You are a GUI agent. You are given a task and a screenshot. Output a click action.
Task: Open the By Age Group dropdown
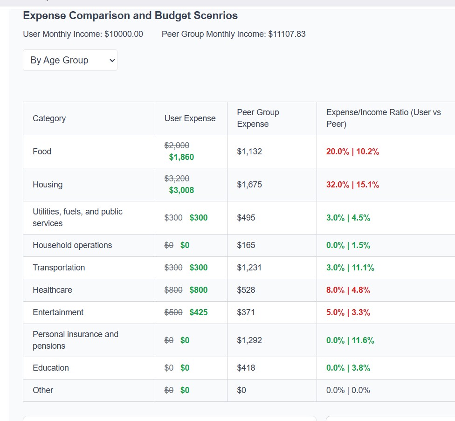pyautogui.click(x=70, y=60)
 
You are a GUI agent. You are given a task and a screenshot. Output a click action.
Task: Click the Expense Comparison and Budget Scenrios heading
pyautogui.click(x=130, y=16)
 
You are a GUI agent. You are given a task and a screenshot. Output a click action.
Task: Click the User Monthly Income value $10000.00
pyautogui.click(x=124, y=34)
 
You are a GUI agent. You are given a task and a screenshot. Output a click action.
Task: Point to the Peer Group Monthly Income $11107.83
pyautogui.click(x=287, y=34)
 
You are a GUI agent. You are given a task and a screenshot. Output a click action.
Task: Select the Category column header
pyautogui.click(x=49, y=118)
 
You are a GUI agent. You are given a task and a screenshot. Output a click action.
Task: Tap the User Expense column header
pyautogui.click(x=190, y=118)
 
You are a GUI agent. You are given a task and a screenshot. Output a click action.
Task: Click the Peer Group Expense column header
pyautogui.click(x=258, y=118)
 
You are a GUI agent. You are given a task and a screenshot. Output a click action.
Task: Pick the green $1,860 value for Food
pyautogui.click(x=181, y=157)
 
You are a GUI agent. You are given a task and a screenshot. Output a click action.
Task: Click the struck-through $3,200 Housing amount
pyautogui.click(x=177, y=179)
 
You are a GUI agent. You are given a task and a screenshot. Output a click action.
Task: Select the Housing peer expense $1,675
pyautogui.click(x=249, y=185)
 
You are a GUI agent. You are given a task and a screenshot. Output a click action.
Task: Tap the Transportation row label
pyautogui.click(x=59, y=268)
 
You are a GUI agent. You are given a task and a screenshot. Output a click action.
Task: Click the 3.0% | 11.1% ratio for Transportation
pyautogui.click(x=350, y=268)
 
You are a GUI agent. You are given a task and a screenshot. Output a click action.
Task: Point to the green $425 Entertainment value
pyautogui.click(x=199, y=312)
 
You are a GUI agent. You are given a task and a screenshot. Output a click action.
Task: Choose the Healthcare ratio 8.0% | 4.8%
pyautogui.click(x=348, y=290)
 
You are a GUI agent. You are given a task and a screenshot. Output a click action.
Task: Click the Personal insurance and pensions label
pyautogui.click(x=75, y=340)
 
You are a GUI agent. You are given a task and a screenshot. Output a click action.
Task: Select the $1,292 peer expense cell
pyautogui.click(x=249, y=340)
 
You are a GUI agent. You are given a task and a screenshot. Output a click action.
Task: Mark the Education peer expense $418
pyautogui.click(x=246, y=368)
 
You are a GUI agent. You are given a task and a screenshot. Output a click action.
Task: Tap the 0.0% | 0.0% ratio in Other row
pyautogui.click(x=348, y=390)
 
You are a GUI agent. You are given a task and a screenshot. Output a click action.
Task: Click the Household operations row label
pyautogui.click(x=72, y=245)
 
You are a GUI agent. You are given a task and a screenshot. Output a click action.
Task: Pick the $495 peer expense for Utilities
pyautogui.click(x=246, y=218)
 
